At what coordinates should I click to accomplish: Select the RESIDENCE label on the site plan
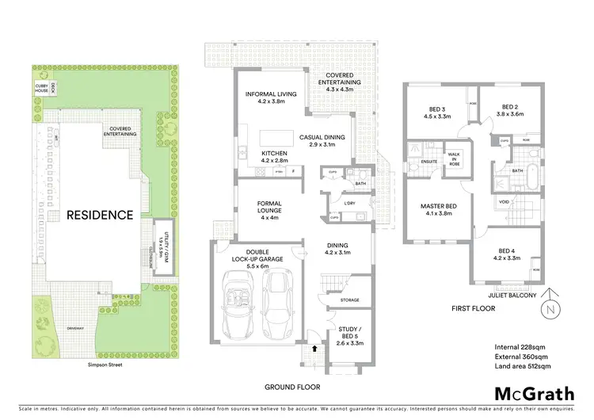coord(100,215)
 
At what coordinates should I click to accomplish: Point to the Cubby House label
coord(41,88)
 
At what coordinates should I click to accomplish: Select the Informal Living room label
coord(271,98)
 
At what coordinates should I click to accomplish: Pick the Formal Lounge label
coord(269,208)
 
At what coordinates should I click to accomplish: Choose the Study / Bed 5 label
coord(348,333)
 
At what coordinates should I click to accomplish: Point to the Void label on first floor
coord(505,202)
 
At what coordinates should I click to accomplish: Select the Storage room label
coord(349,300)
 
